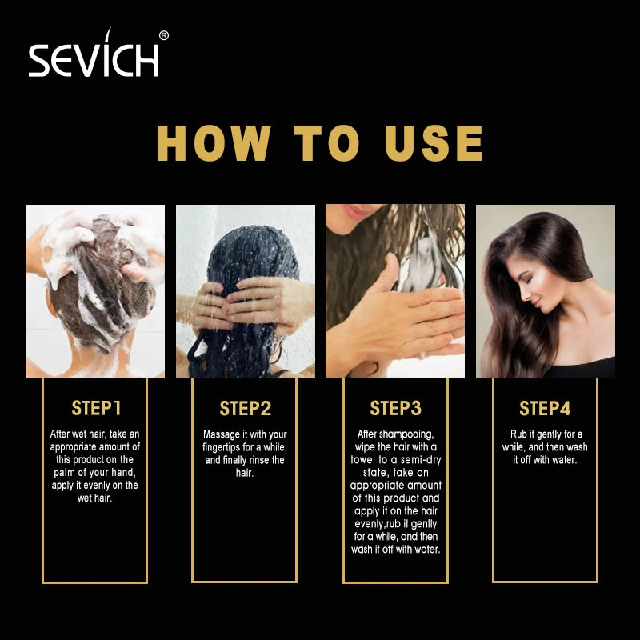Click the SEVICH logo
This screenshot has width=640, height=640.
point(98,53)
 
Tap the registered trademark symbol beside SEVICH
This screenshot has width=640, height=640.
point(164,36)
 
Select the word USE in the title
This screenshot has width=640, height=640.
point(434,143)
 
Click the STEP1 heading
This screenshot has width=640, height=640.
point(96,408)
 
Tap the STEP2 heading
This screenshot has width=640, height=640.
point(246,408)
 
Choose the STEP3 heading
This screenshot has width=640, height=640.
point(395,408)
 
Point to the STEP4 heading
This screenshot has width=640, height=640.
point(545,408)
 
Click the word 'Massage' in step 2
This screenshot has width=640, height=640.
point(222,434)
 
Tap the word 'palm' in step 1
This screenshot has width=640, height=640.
point(64,473)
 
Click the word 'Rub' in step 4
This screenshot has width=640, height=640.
point(518,434)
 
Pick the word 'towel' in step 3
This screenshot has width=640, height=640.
point(363,460)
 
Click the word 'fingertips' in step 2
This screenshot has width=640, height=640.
point(222,448)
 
